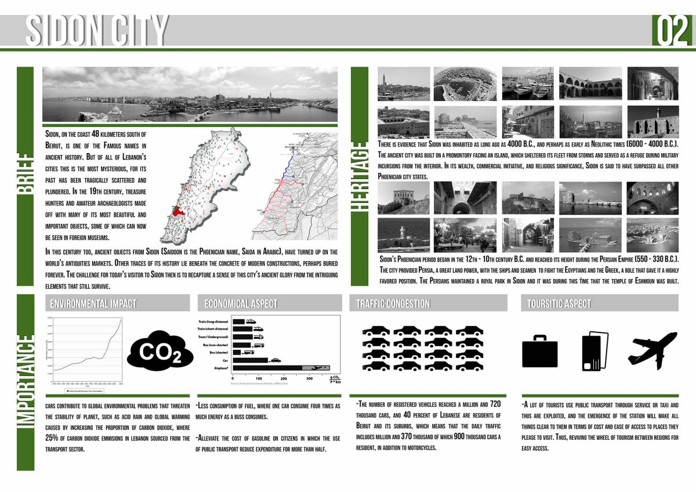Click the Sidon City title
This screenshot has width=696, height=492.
(x=97, y=30)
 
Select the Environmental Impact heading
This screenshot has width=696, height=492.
(x=93, y=303)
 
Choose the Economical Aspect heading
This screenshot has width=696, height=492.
(x=241, y=303)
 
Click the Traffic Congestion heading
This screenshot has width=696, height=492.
(x=393, y=303)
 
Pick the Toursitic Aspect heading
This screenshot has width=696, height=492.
(x=559, y=303)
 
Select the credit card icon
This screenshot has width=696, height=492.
(x=594, y=350)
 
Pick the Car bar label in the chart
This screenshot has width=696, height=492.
(x=225, y=360)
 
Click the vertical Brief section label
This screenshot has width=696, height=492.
(x=26, y=176)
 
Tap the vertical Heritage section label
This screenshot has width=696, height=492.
(x=360, y=176)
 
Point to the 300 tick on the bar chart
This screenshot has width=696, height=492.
(x=309, y=378)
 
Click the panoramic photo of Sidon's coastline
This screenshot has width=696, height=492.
(x=190, y=94)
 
